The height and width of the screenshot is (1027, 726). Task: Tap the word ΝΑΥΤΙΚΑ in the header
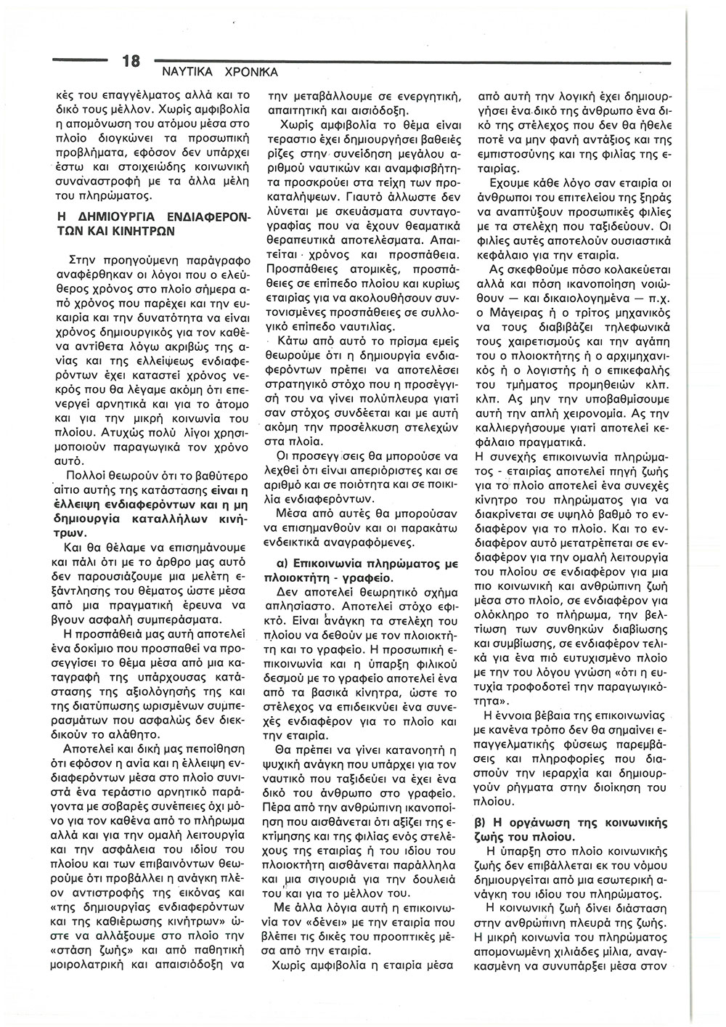tap(182, 73)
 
